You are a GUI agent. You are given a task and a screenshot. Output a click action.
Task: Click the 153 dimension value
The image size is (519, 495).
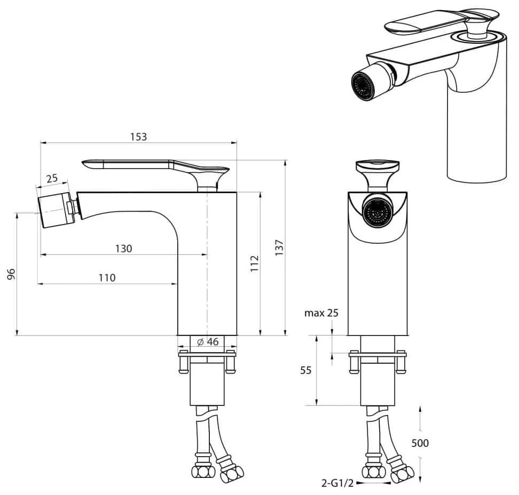(138, 137)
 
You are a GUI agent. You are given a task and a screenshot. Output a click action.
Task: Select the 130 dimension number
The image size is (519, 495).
(123, 249)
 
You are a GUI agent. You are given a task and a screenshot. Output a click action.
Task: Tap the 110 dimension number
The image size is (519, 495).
(107, 277)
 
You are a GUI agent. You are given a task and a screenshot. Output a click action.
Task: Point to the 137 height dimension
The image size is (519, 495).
(279, 248)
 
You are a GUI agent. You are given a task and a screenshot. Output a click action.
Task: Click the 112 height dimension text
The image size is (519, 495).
(254, 264)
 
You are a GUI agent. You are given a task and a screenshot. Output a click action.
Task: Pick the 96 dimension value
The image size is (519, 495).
(11, 274)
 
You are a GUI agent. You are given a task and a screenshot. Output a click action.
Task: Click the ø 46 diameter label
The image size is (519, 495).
(208, 341)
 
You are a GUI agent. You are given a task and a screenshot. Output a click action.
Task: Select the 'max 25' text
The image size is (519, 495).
(321, 313)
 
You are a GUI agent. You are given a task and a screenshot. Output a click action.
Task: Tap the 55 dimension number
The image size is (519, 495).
(306, 370)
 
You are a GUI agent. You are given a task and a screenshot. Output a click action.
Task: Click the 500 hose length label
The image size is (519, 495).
(420, 442)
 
